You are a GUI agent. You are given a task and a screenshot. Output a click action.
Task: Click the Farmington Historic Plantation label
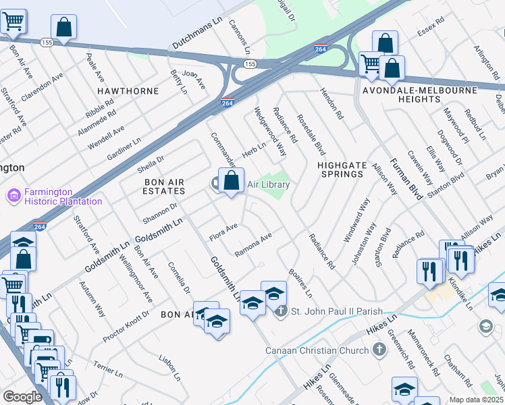(x=63, y=196)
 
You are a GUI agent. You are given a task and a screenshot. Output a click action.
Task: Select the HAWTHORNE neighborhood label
(x=128, y=90)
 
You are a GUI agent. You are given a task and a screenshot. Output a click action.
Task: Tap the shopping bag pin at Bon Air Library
(x=231, y=181)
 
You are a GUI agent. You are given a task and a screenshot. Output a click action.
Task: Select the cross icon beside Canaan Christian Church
(x=379, y=350)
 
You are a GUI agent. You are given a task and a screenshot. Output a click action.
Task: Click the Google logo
(x=22, y=397)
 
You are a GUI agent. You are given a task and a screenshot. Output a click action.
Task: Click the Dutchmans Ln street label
(x=197, y=30)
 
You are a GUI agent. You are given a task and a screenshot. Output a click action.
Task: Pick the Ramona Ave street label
(x=252, y=244)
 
